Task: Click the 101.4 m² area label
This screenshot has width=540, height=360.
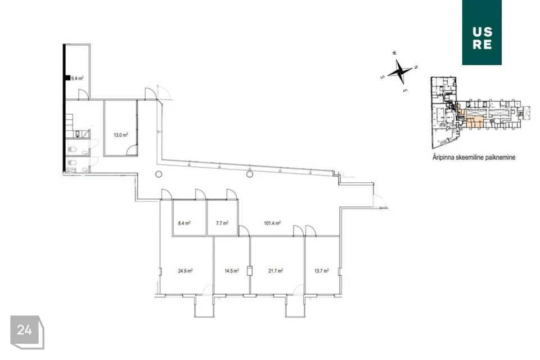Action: [272, 223]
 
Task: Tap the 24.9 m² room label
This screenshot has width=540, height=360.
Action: [185, 271]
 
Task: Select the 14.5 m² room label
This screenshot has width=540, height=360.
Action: [232, 271]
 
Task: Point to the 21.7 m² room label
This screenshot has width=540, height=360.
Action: [276, 271]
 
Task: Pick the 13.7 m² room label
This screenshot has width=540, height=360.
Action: [322, 271]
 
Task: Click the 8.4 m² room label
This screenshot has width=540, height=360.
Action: [184, 223]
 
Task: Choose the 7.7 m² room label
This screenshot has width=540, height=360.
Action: [222, 223]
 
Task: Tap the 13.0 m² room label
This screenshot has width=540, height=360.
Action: [121, 135]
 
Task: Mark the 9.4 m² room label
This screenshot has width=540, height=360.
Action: [77, 79]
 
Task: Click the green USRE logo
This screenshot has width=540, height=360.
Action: [482, 33]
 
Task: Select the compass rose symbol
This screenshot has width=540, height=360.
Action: [399, 72]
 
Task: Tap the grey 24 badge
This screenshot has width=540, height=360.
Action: [27, 332]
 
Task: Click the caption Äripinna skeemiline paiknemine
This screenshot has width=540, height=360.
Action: [474, 157]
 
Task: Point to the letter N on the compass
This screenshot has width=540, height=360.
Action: [416, 67]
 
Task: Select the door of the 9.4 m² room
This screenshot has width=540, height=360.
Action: [83, 94]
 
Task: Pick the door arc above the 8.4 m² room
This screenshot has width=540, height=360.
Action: [166, 193]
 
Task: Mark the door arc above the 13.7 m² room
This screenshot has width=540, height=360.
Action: [310, 230]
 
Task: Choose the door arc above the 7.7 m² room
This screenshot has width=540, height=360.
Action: [231, 193]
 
